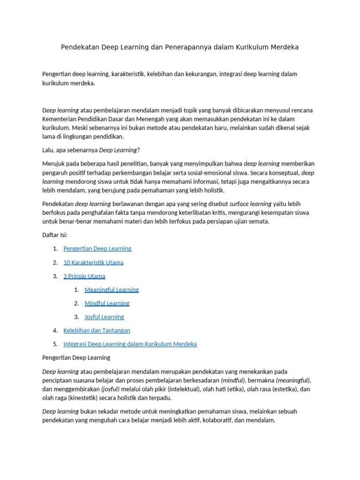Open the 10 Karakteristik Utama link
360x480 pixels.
pos(93,262)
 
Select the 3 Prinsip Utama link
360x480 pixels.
pos(84,276)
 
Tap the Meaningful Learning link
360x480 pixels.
pos(112,290)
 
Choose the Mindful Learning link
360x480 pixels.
pos(107,303)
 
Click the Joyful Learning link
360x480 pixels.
pos(104,317)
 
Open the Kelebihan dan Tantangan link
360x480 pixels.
pos(97,330)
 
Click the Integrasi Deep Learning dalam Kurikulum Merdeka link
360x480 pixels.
pos(130,344)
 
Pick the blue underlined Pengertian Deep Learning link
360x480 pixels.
pos(97,248)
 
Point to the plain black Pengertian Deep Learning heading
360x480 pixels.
pos(76,358)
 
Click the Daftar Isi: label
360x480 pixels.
pos(55,235)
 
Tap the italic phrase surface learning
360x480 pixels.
pos(250,204)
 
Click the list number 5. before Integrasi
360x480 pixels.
pos(55,344)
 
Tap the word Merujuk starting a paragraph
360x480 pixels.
pos(53,164)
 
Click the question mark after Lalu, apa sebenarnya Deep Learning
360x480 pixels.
pos(139,150)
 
